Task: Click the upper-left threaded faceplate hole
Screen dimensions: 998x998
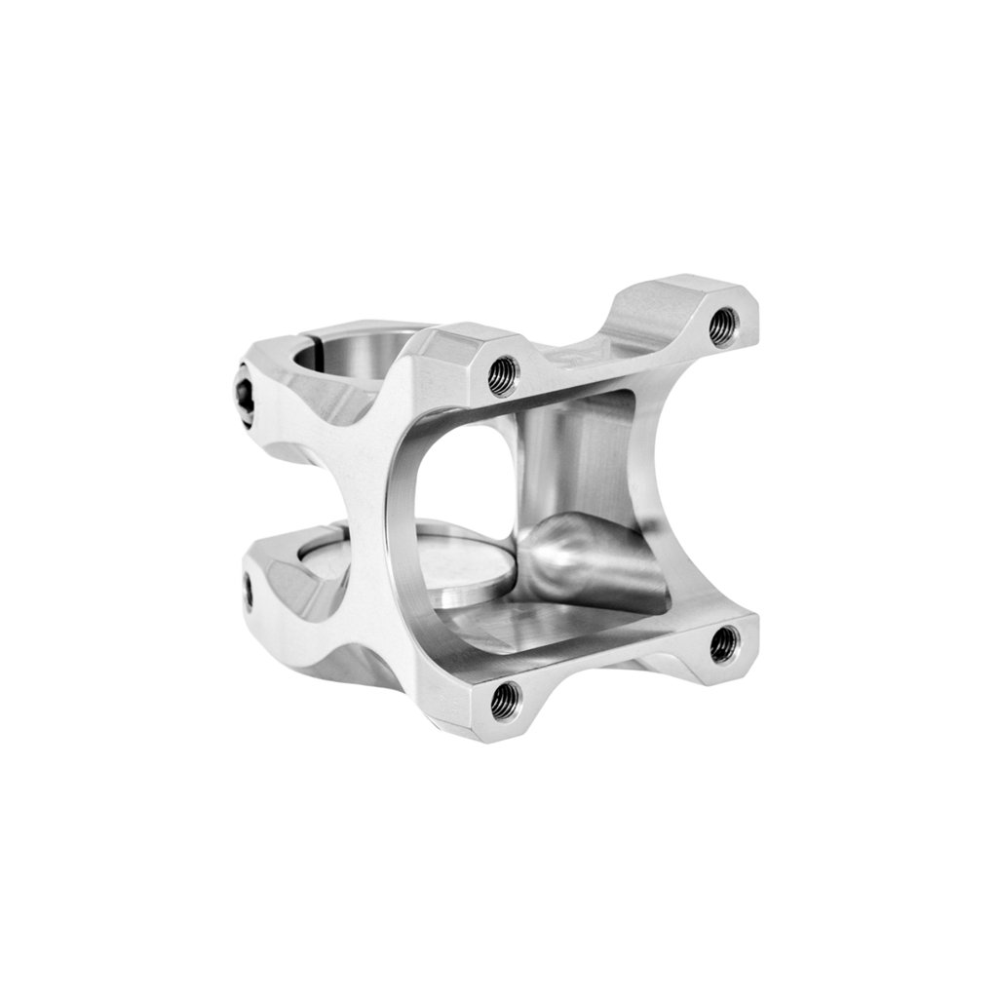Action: point(503,372)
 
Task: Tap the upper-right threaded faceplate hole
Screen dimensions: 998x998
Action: point(723,326)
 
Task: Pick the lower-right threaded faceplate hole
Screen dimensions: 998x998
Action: point(724,643)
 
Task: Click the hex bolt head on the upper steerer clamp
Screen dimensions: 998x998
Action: point(245,395)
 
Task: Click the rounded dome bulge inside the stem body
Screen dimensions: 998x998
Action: point(565,546)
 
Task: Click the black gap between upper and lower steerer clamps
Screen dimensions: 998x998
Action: point(292,497)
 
